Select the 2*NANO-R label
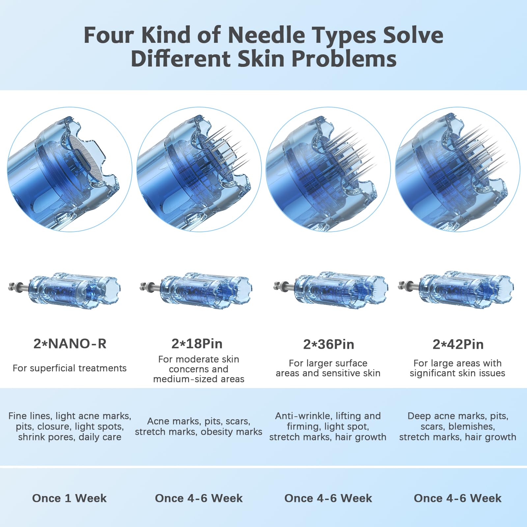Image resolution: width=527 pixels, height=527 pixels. tap(70, 344)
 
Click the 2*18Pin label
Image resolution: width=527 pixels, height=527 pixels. tap(197, 344)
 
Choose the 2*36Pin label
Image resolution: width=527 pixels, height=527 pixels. tap(329, 344)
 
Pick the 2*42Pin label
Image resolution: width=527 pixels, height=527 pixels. tap(458, 344)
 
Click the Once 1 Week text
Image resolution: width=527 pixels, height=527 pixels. tap(69, 498)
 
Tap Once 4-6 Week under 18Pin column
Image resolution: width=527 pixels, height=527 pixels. tap(199, 498)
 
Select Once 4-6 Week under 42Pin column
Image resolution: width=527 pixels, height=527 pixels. tap(458, 498)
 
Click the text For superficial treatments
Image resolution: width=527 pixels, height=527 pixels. tap(69, 368)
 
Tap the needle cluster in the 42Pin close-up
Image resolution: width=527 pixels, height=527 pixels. tap(481, 152)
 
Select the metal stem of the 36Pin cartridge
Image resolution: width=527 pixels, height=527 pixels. tap(285, 286)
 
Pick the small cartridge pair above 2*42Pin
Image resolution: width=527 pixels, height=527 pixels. tap(456, 289)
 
